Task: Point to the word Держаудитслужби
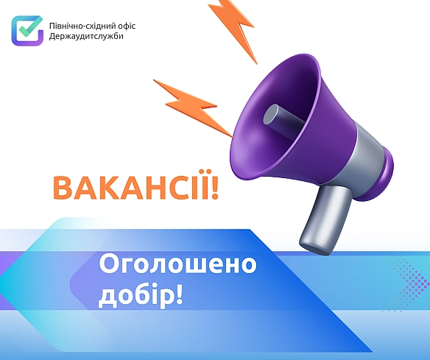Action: (87, 36)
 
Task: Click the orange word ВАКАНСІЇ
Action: (130, 188)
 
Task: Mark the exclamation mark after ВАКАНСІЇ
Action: (215, 188)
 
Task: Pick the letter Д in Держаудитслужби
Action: (53, 36)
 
